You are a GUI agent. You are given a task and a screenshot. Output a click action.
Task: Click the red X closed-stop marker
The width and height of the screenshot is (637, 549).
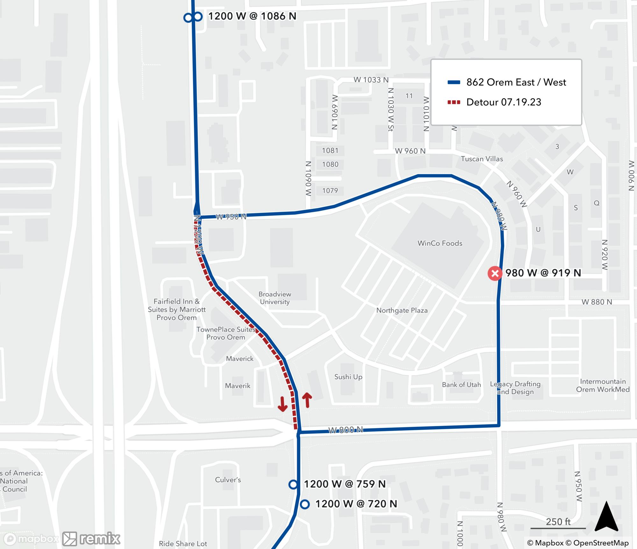(495, 273)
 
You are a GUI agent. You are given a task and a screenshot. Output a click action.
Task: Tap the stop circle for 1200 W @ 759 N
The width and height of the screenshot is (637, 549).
(293, 484)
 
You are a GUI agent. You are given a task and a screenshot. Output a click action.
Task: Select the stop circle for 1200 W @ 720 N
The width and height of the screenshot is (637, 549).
(305, 504)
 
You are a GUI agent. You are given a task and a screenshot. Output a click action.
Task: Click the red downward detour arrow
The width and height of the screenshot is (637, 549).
(283, 404)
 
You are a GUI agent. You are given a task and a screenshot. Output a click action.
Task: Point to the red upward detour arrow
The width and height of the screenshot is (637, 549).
(307, 400)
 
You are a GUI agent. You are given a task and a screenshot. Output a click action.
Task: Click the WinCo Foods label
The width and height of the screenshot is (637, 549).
(440, 243)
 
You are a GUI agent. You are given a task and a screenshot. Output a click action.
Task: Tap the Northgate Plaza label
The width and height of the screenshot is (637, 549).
(402, 310)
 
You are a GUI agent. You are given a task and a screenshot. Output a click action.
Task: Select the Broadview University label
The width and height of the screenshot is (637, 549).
(275, 298)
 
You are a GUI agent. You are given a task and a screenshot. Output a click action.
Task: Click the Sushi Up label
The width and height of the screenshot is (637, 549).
(348, 377)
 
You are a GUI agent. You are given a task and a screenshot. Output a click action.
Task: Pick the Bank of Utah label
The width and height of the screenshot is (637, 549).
(461, 384)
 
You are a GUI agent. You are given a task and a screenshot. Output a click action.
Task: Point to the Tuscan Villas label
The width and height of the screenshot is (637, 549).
(482, 159)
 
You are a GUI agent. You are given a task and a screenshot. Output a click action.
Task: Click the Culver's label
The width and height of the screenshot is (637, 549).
(228, 479)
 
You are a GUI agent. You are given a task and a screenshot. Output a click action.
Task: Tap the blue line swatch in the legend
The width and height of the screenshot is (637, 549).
(454, 82)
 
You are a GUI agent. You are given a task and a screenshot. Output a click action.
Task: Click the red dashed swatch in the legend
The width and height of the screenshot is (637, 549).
(454, 102)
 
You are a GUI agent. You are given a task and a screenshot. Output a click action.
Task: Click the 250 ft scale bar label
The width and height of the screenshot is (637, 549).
(558, 522)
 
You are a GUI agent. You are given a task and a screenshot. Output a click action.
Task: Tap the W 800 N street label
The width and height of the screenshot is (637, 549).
(345, 430)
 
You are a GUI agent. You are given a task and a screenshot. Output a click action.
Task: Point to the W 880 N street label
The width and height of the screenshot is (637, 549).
(597, 302)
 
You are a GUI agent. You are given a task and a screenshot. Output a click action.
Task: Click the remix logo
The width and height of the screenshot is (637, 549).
(91, 538)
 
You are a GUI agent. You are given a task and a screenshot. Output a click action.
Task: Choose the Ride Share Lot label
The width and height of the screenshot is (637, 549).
(183, 544)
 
